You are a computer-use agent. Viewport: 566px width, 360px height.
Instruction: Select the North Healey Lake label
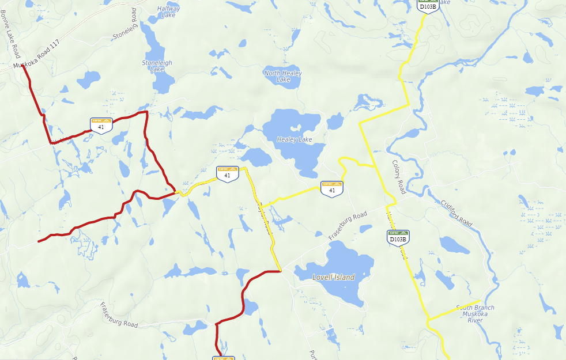click(283, 76)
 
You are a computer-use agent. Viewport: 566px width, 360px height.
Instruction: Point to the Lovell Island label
click(333, 277)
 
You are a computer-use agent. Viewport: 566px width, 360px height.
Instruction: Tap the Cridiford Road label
click(456, 213)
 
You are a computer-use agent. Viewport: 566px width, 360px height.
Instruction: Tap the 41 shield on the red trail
click(101, 125)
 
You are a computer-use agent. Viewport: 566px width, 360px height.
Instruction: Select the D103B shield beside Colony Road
click(397, 237)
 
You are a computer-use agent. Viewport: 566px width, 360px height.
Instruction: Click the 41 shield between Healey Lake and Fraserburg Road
click(331, 188)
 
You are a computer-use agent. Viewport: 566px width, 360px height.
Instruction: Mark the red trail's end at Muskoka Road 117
click(22, 66)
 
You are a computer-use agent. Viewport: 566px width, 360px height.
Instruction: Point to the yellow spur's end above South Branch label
click(480, 300)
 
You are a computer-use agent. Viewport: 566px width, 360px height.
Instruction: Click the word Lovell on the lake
click(322, 277)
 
